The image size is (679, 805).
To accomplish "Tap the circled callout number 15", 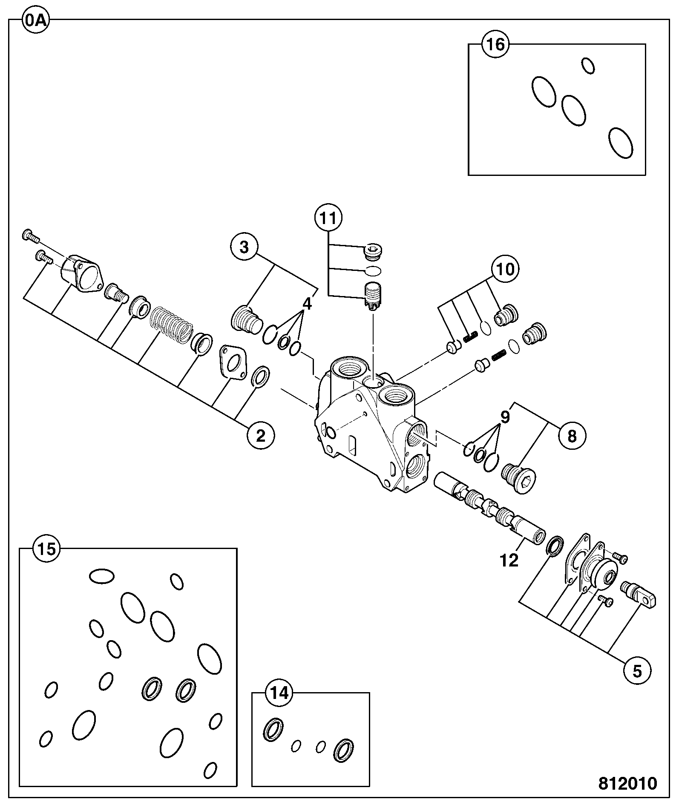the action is point(47,549).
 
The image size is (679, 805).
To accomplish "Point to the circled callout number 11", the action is point(328,218).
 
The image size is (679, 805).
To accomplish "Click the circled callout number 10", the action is point(506,269).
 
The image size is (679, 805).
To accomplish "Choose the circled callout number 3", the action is point(244,247).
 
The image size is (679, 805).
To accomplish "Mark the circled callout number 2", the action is point(260,435).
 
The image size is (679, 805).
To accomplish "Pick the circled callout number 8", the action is point(572,436).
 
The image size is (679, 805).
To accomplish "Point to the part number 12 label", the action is point(509,561).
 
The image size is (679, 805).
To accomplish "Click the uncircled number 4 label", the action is point(307,304).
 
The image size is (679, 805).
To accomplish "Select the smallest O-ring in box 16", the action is point(588,66).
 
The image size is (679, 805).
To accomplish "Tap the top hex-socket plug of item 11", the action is point(374,252).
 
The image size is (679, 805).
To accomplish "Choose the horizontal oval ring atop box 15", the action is point(102,576).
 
